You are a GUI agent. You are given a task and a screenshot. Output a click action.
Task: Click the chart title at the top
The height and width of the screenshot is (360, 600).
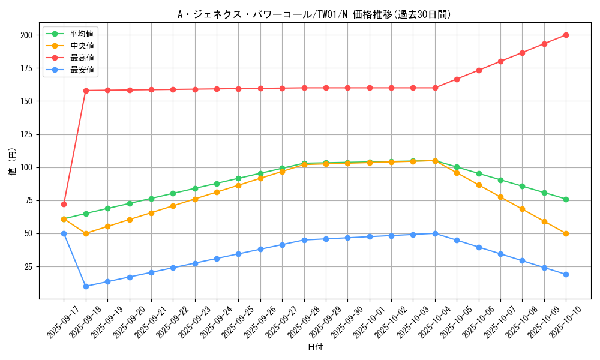(x=314, y=14)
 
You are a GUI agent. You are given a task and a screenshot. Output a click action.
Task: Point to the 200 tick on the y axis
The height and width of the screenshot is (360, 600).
(x=26, y=35)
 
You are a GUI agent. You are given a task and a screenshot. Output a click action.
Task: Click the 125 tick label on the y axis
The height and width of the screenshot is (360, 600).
(x=26, y=134)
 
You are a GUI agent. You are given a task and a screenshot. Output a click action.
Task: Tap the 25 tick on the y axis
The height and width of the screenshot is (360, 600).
(x=28, y=266)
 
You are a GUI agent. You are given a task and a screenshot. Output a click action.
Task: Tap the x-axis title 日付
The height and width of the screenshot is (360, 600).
(x=314, y=347)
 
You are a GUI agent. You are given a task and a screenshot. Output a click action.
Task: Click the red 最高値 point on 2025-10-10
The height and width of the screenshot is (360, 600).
(x=566, y=35)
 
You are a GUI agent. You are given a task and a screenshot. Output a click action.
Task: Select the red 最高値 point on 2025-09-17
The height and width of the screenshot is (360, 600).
(x=64, y=204)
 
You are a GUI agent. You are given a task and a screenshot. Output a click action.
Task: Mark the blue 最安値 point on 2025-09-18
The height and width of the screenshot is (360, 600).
(x=86, y=286)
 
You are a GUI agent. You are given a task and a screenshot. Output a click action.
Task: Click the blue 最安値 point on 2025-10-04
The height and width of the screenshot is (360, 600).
(x=435, y=233)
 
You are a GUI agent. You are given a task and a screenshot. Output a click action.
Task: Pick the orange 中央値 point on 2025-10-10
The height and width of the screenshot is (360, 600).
(x=566, y=233)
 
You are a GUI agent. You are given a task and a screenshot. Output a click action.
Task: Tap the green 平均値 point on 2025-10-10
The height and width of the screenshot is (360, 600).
(x=566, y=199)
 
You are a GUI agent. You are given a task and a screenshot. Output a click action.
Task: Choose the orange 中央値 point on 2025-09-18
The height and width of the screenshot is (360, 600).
(x=86, y=233)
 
